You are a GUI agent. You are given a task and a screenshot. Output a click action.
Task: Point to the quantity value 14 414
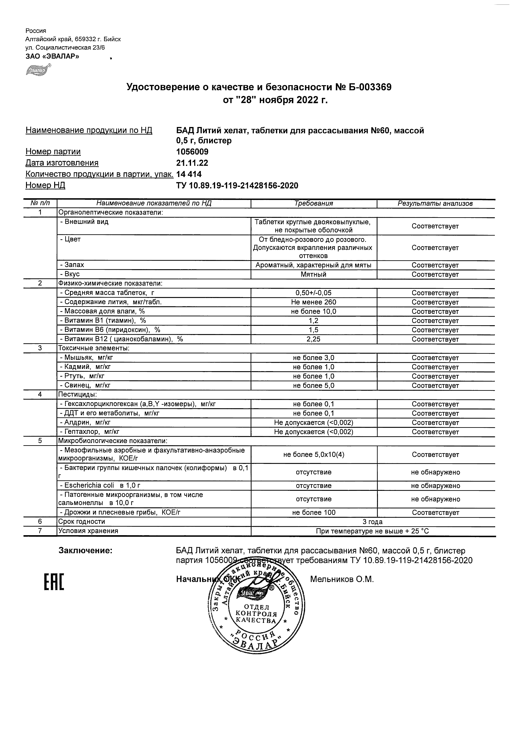189,174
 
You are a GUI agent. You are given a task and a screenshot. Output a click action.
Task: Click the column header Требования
314,204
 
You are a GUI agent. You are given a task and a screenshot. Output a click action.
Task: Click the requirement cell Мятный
314,275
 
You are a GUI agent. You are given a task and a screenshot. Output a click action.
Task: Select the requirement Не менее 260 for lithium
314,302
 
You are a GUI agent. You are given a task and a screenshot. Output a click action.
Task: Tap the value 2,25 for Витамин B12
314,339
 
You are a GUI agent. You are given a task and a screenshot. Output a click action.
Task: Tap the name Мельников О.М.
342,579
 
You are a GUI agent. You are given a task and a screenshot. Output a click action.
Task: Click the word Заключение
85,551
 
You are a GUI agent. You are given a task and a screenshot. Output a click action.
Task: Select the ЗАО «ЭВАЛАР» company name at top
52,56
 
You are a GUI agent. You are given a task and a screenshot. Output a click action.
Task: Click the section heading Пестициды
77,395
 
